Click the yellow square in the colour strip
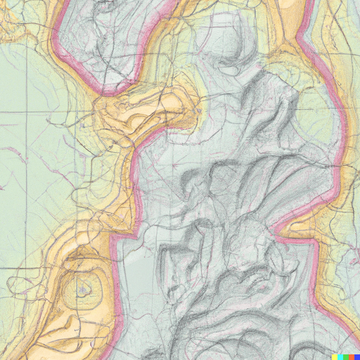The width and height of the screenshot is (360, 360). (334, 357)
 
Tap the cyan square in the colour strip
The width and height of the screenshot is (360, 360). (340, 357)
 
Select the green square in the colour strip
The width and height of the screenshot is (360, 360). (346, 357)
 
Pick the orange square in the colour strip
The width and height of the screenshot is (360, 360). (351, 357)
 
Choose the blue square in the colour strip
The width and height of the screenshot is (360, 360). (357, 357)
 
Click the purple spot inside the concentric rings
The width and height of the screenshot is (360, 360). (83, 290)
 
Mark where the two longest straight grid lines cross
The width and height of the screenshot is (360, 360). (27, 112)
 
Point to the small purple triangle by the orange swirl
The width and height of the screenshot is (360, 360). (199, 111)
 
